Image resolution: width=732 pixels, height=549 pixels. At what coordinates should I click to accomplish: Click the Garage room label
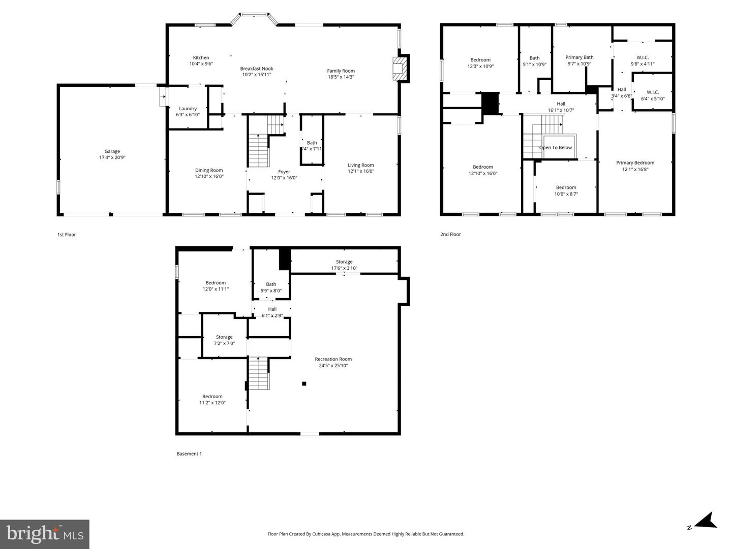tap(112, 151)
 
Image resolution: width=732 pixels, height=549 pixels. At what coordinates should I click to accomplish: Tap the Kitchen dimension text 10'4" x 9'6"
tap(201, 64)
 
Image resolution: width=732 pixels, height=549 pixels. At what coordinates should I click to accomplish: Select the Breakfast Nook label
tap(257, 69)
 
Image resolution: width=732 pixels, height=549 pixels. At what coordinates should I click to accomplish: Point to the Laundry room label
tap(188, 109)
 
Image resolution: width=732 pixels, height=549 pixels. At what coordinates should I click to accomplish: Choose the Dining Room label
tap(209, 171)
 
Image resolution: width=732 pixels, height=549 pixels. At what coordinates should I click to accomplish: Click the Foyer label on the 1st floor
tap(284, 172)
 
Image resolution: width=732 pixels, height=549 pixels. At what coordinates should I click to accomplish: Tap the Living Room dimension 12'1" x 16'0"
tap(361, 171)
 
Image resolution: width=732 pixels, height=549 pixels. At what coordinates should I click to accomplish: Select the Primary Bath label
tap(579, 57)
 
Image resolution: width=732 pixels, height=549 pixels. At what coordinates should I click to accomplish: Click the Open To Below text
tap(556, 148)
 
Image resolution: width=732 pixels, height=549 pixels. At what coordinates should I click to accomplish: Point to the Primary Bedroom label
tap(635, 163)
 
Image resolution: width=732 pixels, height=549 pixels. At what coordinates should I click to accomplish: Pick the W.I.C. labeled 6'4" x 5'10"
tap(653, 95)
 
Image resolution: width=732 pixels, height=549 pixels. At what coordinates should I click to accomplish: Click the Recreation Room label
tap(333, 359)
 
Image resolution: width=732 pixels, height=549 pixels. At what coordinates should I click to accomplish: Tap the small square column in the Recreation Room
tap(304, 383)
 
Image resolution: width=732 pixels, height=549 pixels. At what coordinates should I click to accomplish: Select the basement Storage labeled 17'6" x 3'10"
tap(344, 265)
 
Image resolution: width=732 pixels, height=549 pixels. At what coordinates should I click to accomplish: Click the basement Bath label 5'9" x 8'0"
tap(271, 287)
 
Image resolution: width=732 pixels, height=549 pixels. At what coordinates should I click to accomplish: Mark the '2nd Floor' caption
tap(450, 235)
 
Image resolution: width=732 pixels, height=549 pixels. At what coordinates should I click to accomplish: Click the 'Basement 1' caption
tap(189, 454)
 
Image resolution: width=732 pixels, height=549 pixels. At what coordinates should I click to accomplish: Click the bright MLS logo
tap(45, 534)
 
